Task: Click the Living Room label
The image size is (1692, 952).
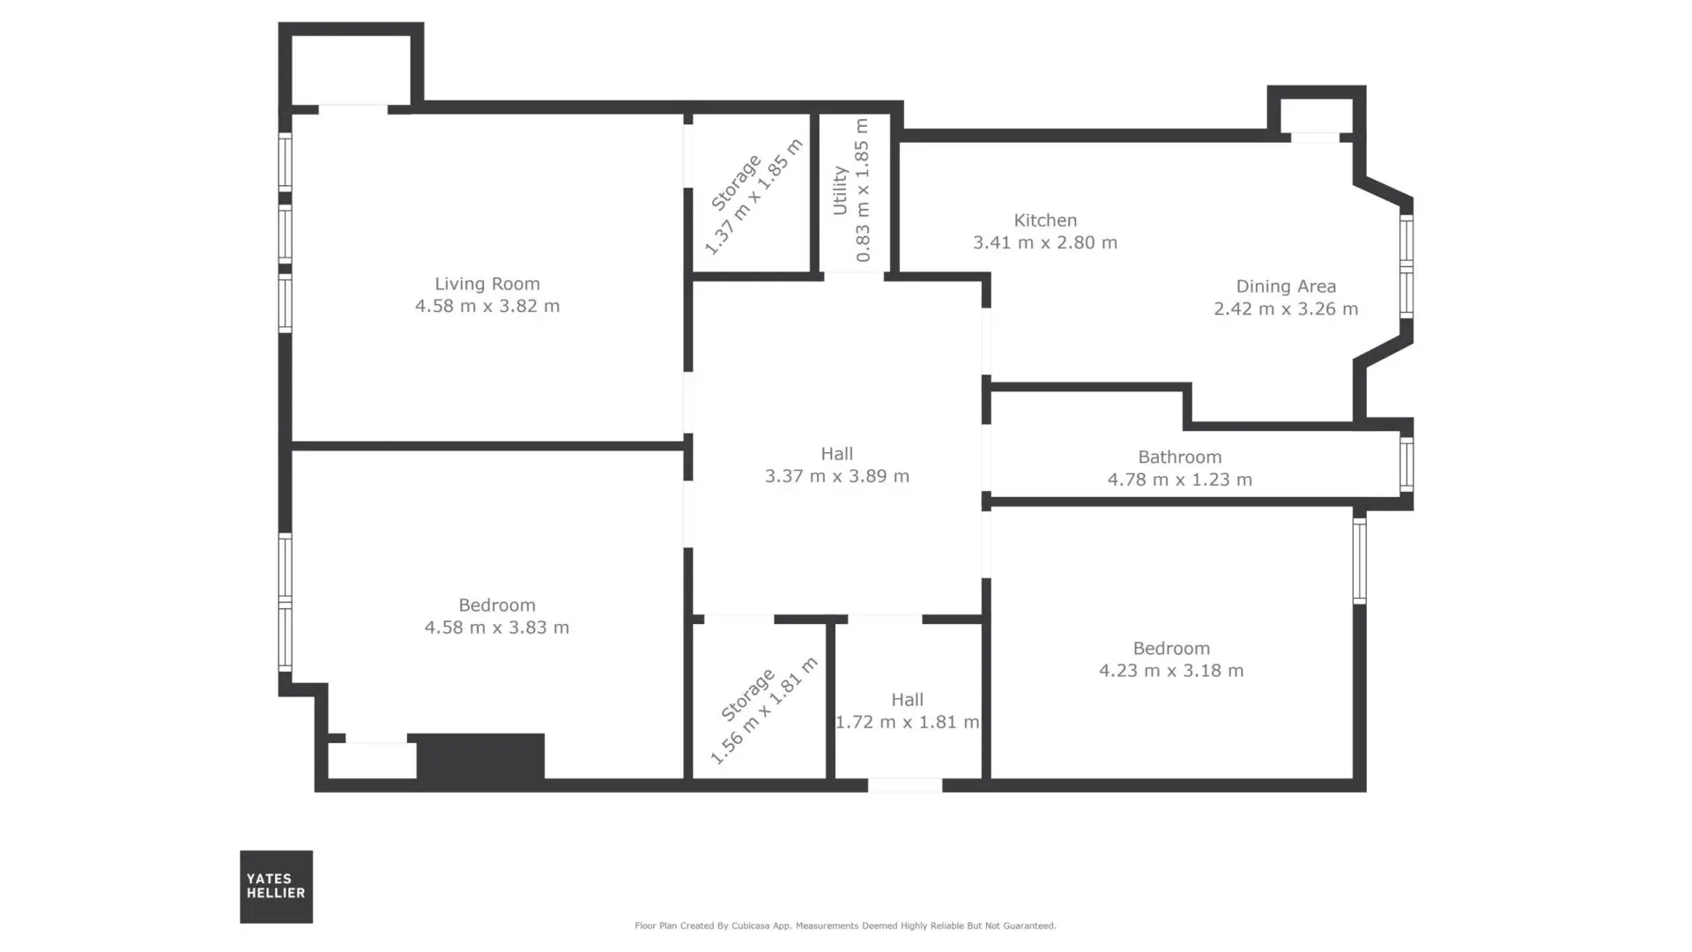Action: (x=486, y=284)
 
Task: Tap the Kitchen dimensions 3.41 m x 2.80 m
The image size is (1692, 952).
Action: (x=1045, y=242)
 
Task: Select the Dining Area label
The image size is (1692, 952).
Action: (x=1286, y=286)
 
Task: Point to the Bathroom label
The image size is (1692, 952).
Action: (x=1180, y=457)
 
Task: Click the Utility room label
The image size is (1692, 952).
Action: (x=840, y=190)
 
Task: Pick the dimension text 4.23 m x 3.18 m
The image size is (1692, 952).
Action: (x=1171, y=671)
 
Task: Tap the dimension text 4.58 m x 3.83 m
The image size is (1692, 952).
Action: (x=497, y=628)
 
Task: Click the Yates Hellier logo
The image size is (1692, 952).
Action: (x=277, y=887)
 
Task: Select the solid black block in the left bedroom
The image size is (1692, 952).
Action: (x=480, y=756)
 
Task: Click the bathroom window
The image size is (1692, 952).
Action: (x=1406, y=464)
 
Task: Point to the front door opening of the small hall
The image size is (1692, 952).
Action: (x=905, y=785)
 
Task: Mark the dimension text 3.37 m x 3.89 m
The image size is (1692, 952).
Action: (x=837, y=476)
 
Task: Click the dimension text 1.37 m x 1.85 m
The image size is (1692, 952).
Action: (x=754, y=197)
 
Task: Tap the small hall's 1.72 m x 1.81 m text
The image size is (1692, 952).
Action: (x=907, y=722)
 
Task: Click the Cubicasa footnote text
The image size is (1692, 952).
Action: (x=845, y=926)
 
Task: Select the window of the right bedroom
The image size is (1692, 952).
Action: (x=1360, y=560)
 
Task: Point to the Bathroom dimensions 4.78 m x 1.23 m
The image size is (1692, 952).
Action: (x=1180, y=480)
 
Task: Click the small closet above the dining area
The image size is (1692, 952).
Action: (x=1317, y=115)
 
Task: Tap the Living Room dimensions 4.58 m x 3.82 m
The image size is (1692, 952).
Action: (x=487, y=306)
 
